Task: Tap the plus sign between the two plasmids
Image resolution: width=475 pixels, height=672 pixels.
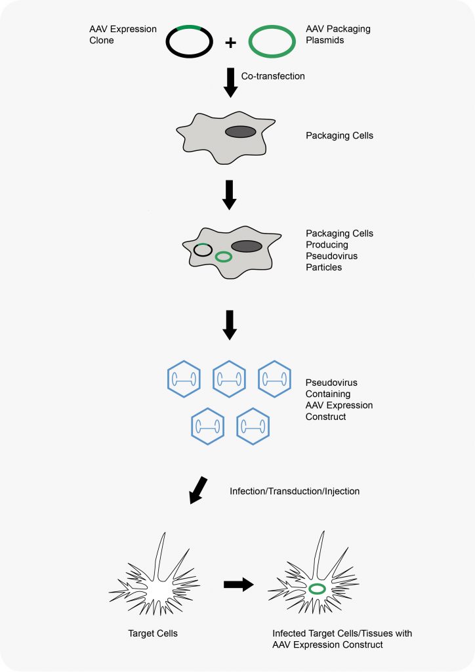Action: [230, 43]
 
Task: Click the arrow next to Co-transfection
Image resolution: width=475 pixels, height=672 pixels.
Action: [230, 82]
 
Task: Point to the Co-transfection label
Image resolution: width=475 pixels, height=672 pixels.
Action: [273, 76]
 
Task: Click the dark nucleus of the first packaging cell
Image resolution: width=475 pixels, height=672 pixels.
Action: [241, 131]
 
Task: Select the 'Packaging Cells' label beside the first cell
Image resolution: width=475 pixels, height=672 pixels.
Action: [339, 135]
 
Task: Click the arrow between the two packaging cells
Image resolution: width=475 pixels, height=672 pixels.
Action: [230, 195]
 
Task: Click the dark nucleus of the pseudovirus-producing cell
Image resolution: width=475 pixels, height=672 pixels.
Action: [247, 247]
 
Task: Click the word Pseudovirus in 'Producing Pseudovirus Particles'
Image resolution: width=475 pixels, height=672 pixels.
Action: [331, 256]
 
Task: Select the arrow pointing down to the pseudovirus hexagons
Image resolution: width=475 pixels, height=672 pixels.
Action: [230, 325]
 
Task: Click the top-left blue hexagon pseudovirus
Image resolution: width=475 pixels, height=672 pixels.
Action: [184, 379]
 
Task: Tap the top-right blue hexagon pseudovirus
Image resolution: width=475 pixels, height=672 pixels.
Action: [274, 379]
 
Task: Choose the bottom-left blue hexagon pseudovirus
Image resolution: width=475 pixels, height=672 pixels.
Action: [208, 426]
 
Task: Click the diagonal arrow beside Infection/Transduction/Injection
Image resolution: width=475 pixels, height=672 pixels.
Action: [198, 490]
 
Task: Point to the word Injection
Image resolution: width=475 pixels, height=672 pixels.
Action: [342, 491]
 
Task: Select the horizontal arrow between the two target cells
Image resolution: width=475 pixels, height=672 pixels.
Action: [239, 584]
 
